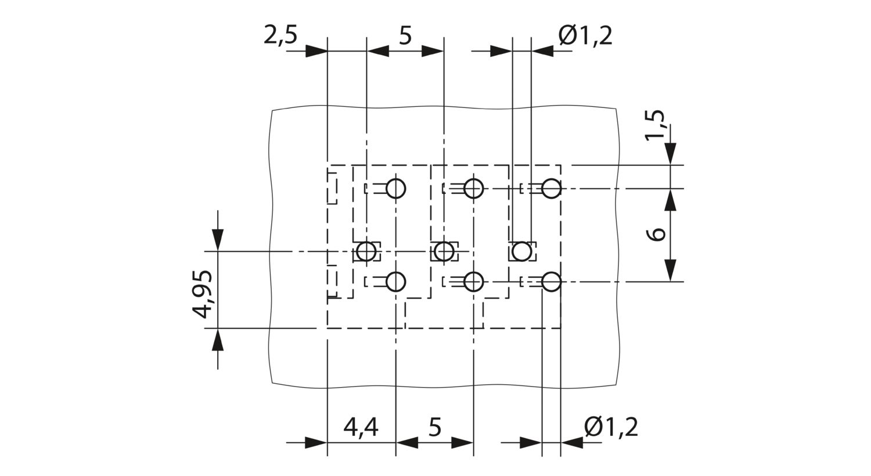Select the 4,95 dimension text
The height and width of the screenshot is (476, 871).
coord(203,294)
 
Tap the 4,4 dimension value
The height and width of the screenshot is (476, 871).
coord(361,427)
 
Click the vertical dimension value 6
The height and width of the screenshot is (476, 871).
coord(656,235)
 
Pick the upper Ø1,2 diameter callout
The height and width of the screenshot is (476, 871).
coord(585,36)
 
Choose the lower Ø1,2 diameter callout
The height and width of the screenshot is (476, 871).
coord(611,427)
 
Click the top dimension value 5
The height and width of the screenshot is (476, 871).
coord(405,36)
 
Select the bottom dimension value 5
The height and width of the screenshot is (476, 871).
coord(435,427)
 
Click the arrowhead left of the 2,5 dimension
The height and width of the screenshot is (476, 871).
coord(316,51)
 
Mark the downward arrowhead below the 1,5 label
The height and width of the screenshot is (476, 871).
coord(670,154)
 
